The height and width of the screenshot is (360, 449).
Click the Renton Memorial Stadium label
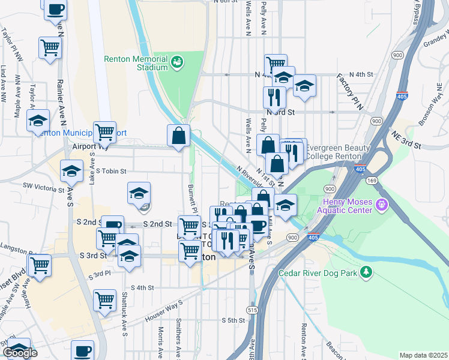pyautogui.click(x=136, y=63)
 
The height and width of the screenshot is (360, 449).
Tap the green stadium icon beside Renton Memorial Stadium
pyautogui.click(x=177, y=61)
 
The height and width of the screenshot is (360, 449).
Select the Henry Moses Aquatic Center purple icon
pyautogui.click(x=381, y=206)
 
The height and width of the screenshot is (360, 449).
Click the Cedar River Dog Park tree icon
pyautogui.click(x=366, y=273)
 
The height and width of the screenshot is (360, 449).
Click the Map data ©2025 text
pyautogui.click(x=423, y=355)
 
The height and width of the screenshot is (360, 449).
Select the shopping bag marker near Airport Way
pyautogui.click(x=179, y=137)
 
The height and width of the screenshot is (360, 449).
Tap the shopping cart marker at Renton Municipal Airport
pyautogui.click(x=104, y=131)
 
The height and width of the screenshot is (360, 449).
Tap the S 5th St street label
pyautogui.click(x=233, y=320)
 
